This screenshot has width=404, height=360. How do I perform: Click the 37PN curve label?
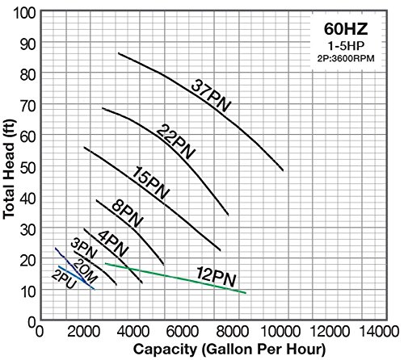(211, 95)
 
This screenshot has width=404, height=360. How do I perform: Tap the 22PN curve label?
(175, 141)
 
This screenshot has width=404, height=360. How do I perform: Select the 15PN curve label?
(151, 182)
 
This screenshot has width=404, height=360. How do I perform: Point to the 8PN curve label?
(127, 214)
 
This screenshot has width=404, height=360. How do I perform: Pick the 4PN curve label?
(112, 244)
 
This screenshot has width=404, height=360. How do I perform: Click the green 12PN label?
(217, 277)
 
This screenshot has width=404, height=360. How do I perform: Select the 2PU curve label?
(64, 280)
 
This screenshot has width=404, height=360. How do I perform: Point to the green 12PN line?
(175, 278)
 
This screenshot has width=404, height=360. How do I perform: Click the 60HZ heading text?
(346, 29)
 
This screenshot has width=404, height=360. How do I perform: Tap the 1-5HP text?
(346, 46)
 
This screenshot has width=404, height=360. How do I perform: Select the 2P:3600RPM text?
(346, 58)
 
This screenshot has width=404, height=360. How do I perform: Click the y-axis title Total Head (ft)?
(9, 170)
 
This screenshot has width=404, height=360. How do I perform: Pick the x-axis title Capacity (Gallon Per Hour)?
(229, 350)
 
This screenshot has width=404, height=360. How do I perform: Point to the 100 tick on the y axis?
(24, 13)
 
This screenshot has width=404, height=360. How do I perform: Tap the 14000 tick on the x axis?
(379, 331)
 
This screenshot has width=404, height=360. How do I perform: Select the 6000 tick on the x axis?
(183, 331)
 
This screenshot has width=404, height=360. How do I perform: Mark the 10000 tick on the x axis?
(280, 331)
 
